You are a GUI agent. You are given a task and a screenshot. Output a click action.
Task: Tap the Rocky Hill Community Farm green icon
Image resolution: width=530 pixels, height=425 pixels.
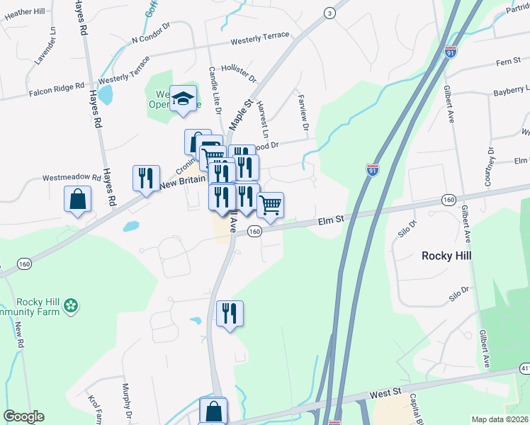(70, 306)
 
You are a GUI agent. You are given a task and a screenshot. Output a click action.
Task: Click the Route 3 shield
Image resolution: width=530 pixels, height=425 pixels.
(329, 13)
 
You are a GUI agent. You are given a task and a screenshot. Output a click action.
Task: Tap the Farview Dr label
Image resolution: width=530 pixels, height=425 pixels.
(304, 112)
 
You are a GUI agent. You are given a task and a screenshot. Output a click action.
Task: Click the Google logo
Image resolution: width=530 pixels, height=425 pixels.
(23, 416)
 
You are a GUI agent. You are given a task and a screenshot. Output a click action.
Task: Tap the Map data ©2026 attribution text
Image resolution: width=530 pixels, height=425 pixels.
(499, 419)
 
